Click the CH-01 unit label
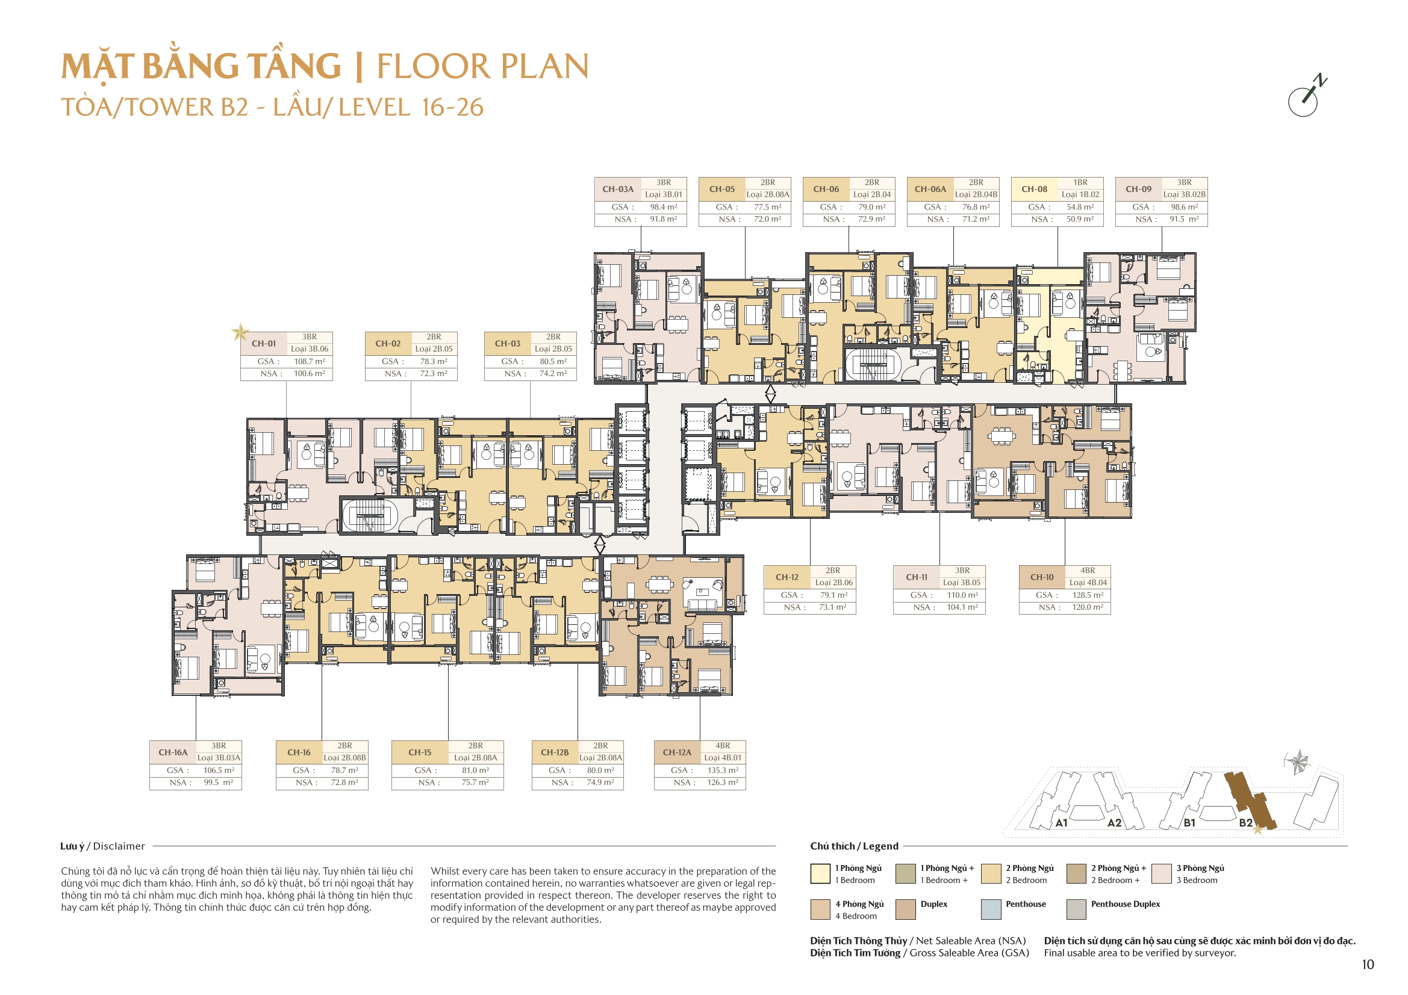pos(264,343)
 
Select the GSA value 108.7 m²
pos(309,362)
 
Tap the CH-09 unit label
pos(1138,189)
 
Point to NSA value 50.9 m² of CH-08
pos(1080,219)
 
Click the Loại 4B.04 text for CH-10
pos(1088,583)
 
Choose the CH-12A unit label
pos(676,752)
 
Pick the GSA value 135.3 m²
pos(723,770)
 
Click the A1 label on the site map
pos(1062,823)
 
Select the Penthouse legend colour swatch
pos(991,909)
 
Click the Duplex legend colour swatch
pos(906,909)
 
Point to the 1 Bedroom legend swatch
pos(820,873)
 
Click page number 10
pos(1368,965)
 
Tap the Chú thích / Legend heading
pos(853,846)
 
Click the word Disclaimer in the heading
pos(119,846)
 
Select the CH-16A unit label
pos(173,752)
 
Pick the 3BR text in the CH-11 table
pos(962,570)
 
